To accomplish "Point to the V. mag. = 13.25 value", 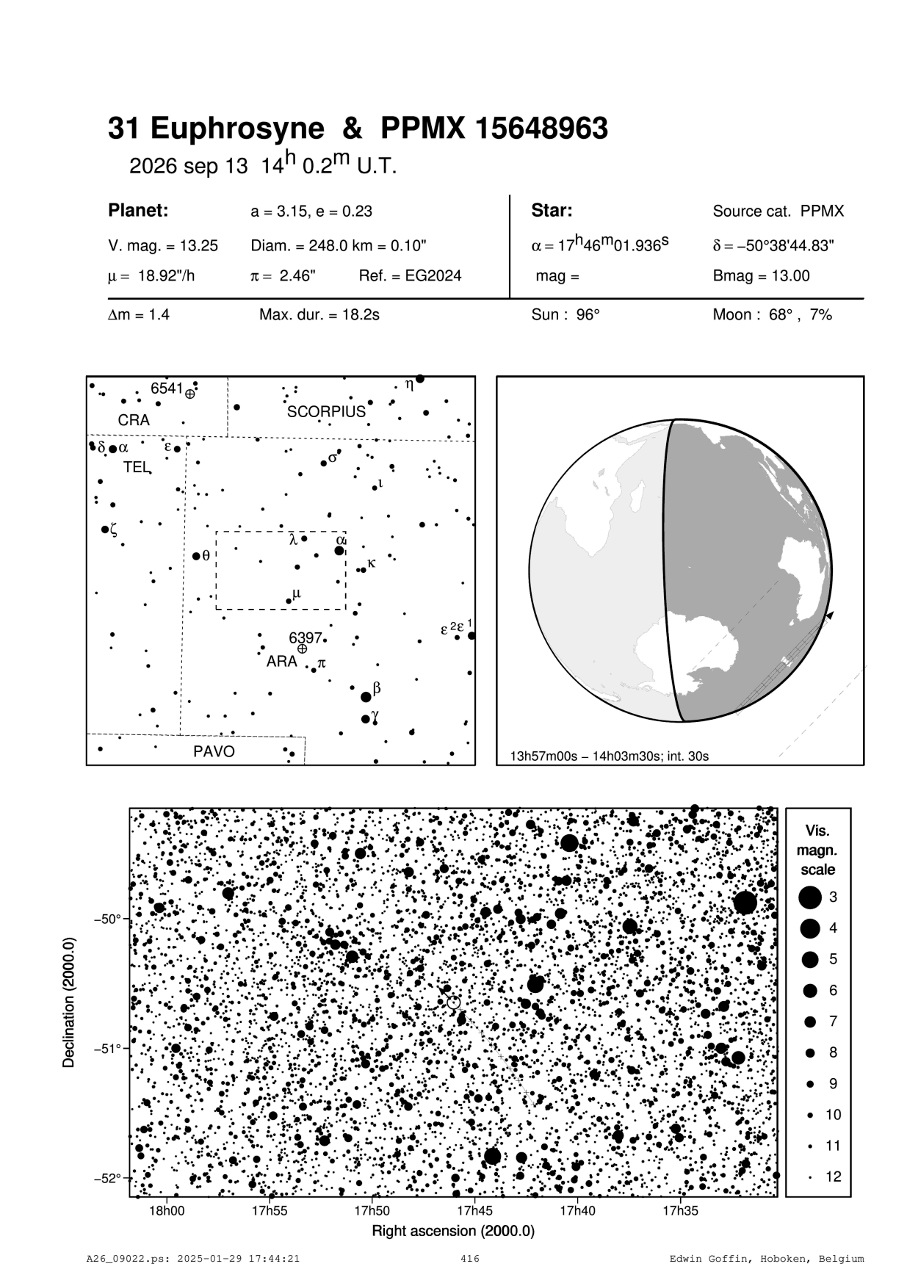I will [163, 246].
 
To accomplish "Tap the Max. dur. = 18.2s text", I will [319, 315].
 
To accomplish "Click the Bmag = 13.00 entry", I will [761, 276].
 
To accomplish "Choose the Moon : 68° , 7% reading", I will [772, 315].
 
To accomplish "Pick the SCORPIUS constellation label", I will [326, 412].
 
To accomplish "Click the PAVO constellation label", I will [214, 751].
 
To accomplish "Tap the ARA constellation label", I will [281, 661].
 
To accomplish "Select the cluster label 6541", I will [167, 388].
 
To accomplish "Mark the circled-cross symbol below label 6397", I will [302, 648].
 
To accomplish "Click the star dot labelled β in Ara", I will [366, 697].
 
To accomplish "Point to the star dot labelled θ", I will [196, 556].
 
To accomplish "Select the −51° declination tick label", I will [109, 1048].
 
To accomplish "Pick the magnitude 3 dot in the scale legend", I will [810, 897].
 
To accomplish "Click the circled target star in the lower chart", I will [452, 1002].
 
